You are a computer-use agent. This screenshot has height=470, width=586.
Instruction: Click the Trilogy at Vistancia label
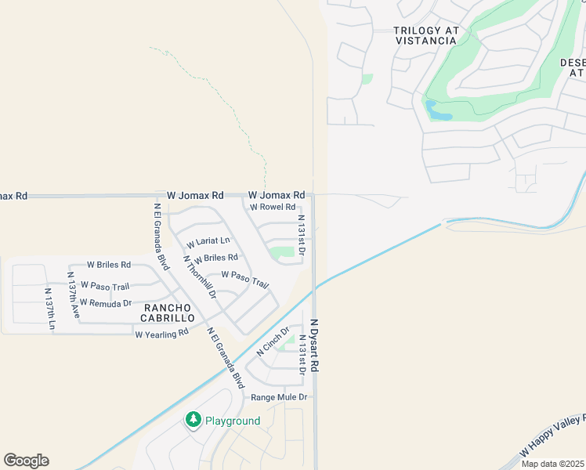tap(427, 35)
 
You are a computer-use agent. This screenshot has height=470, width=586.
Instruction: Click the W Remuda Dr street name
tap(106, 302)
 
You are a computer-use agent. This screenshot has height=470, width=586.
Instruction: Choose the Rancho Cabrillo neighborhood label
tap(168, 313)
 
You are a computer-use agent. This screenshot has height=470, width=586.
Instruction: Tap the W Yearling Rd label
tap(162, 333)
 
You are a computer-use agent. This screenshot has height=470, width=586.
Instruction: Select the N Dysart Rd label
tap(315, 345)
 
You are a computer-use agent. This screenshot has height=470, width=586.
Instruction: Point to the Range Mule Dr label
tap(279, 397)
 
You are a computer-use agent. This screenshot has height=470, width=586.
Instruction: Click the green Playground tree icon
tap(193, 421)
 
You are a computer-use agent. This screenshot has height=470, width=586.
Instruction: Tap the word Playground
tap(233, 421)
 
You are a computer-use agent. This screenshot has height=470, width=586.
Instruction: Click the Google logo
tap(26, 461)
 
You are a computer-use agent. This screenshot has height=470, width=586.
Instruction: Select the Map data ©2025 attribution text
tap(552, 464)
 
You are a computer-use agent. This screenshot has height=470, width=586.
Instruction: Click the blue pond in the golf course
tap(437, 110)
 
